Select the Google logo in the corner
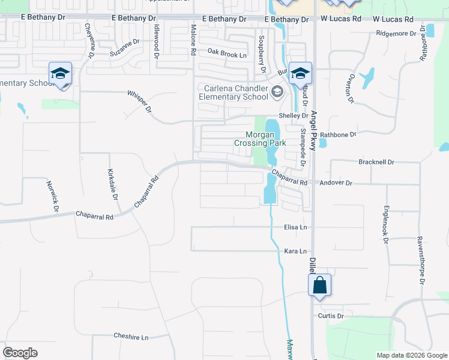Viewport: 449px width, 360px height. click(20, 353)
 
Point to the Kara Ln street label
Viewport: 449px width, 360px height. click(295, 251)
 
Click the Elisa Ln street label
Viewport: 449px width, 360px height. click(295, 228)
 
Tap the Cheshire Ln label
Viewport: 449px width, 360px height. click(131, 337)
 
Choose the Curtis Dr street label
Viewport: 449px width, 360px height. click(331, 316)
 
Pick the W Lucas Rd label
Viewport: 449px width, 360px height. click(393, 19)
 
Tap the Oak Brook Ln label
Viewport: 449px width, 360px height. click(228, 55)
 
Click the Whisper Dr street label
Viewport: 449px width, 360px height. click(140, 101)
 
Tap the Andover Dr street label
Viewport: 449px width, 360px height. click(336, 182)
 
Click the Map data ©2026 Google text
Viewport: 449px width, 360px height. click(411, 355)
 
